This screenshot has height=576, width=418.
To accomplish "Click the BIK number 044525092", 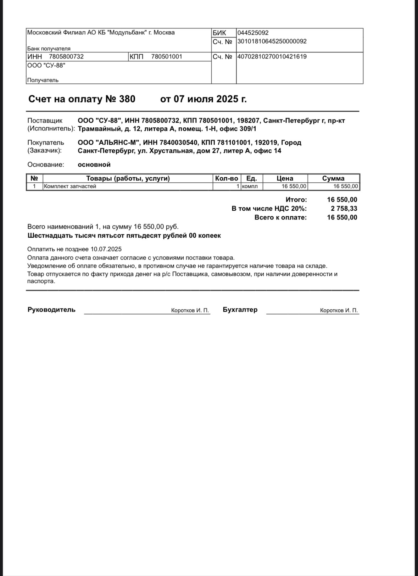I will (x=253, y=33).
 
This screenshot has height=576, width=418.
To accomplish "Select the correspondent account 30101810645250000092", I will (x=272, y=41).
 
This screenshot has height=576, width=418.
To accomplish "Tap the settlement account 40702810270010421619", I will (x=272, y=57).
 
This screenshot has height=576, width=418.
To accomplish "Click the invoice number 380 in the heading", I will (x=127, y=99).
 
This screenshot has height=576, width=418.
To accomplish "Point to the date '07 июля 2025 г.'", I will (x=204, y=99).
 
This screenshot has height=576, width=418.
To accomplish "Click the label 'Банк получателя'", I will (x=49, y=49).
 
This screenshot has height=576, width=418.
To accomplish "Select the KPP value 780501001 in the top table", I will (x=167, y=57).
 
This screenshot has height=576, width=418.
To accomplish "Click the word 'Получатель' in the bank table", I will (x=43, y=80).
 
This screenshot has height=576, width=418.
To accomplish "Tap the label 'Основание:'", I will (x=46, y=165).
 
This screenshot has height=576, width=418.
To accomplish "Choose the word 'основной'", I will (x=94, y=165).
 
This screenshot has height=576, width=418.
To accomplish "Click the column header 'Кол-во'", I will (x=227, y=178).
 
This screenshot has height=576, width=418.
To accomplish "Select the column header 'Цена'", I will (x=285, y=178).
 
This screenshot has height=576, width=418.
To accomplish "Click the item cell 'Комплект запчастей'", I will (x=70, y=186).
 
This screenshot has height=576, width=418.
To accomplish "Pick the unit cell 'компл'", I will (x=250, y=186).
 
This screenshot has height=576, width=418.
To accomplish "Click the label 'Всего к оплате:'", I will (x=281, y=217).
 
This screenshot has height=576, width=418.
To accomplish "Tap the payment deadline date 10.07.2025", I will (x=106, y=249).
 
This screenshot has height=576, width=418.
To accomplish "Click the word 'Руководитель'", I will (x=51, y=310).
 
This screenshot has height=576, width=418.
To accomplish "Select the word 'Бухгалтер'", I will (x=240, y=310).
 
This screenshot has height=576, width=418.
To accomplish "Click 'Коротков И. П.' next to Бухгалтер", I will (x=339, y=310).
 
